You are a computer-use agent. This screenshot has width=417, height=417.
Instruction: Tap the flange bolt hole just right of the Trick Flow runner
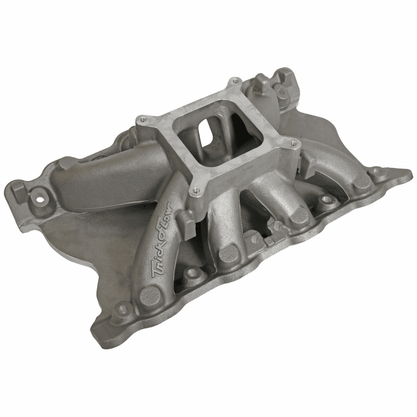(190, 273)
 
